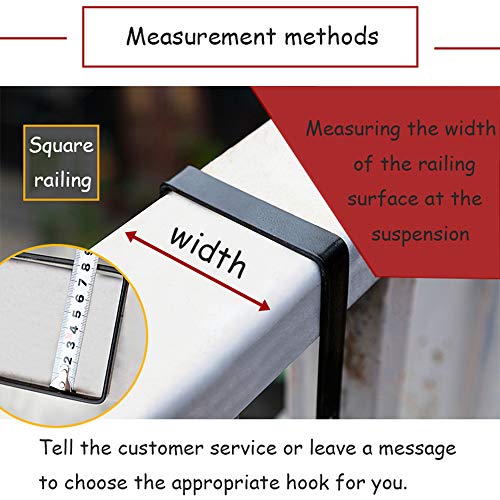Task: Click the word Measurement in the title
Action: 201,36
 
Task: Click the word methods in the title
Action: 331,36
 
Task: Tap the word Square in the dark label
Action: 61,146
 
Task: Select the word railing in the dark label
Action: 63,181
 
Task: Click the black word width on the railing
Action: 208,252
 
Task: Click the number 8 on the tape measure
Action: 86,267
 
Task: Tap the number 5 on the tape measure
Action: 77,314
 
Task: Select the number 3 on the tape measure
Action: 71,345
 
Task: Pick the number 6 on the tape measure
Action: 80,298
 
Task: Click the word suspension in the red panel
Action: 420,235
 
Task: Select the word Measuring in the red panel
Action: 353,129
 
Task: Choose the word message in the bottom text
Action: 417,449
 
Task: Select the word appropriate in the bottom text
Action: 226,483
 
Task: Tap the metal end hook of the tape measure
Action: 64,383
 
